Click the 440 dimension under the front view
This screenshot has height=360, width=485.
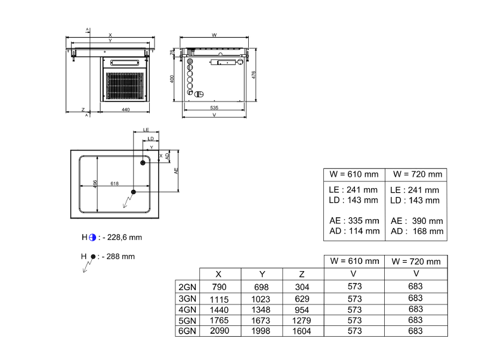tap(125, 110)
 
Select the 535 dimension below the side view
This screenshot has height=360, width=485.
tap(214, 107)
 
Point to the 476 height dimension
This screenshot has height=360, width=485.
tap(254, 75)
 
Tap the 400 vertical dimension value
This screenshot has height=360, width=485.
tap(172, 79)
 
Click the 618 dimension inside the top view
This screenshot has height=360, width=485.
tap(115, 183)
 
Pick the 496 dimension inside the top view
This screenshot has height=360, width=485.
tap(95, 184)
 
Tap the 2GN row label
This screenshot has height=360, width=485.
tap(187, 287)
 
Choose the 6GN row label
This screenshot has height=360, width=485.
tap(187, 331)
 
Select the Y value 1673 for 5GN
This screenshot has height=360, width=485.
tap(261, 320)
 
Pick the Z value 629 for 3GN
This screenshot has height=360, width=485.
tap(302, 299)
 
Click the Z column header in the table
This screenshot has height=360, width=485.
tap(302, 274)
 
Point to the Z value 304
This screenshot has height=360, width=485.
tap(302, 287)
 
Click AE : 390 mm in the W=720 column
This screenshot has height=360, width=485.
tap(416, 221)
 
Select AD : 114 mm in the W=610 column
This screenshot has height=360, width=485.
tap(354, 231)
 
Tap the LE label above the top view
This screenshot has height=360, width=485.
tap(146, 130)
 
